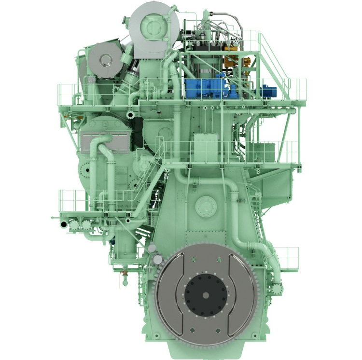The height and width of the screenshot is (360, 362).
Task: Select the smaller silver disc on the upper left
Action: point(105,60)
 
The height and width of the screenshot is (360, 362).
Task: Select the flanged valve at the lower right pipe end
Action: point(277,289)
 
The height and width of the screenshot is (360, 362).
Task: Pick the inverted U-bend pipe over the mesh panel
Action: point(102,143)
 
